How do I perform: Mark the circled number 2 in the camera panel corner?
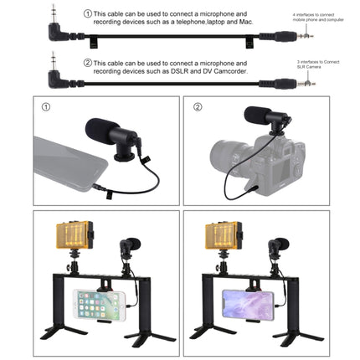(198, 108)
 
